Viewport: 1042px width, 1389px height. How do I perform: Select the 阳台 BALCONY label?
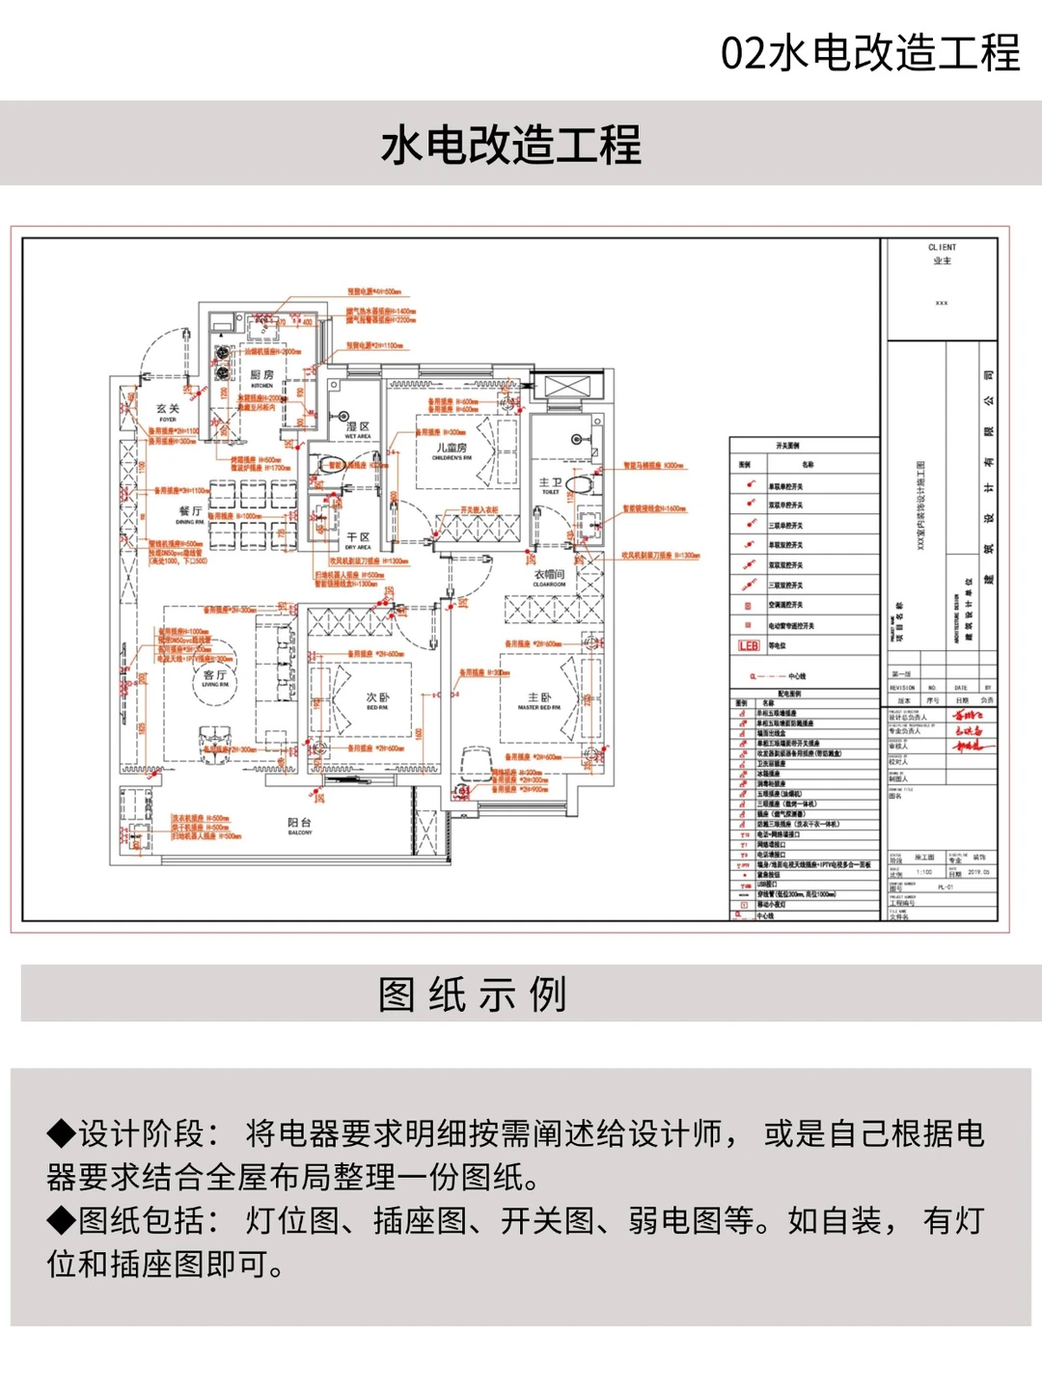click(x=300, y=825)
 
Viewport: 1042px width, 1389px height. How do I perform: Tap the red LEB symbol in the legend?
click(x=749, y=645)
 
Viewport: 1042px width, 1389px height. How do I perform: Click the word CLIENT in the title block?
click(x=942, y=248)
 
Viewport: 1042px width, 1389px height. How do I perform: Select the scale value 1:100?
click(x=924, y=872)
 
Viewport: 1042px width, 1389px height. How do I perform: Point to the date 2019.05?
click(x=978, y=872)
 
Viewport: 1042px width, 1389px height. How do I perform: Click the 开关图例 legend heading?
click(x=787, y=446)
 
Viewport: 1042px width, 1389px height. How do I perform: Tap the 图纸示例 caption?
click(x=473, y=994)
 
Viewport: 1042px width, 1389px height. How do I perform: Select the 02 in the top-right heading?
click(x=743, y=53)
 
